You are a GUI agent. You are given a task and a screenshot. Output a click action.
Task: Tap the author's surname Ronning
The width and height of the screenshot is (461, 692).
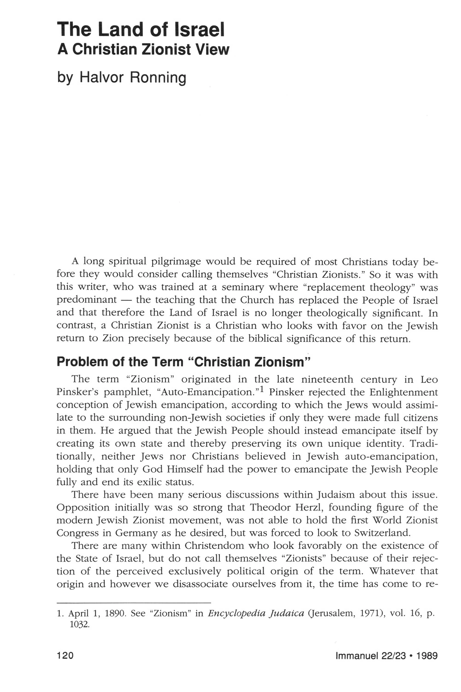coord(158,77)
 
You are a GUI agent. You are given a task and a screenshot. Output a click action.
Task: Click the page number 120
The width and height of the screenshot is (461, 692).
coord(65,656)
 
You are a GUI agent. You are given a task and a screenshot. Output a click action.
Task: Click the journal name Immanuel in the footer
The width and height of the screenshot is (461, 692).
coord(356,656)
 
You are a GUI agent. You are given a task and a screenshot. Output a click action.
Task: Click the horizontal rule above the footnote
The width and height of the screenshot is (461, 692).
coord(133,602)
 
